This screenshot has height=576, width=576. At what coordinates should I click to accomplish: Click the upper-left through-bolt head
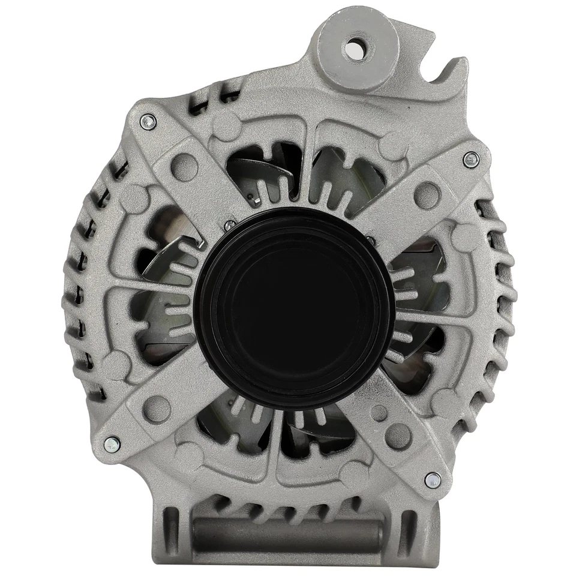[x=148, y=122]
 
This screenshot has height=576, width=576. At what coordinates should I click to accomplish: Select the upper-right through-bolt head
[x=472, y=159]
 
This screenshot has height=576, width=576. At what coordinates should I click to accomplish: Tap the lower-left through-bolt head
[x=112, y=445]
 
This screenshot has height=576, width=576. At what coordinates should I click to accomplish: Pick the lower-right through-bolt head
[x=433, y=479]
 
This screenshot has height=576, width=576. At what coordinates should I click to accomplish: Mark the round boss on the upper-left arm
[x=184, y=167]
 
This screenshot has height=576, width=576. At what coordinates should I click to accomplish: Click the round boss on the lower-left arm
[x=157, y=408]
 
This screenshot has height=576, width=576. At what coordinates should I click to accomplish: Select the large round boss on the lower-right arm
[x=398, y=436]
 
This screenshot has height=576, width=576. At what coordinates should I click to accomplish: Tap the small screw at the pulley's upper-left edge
[x=229, y=226]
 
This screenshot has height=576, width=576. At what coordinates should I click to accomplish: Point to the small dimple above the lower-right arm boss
[x=379, y=413]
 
